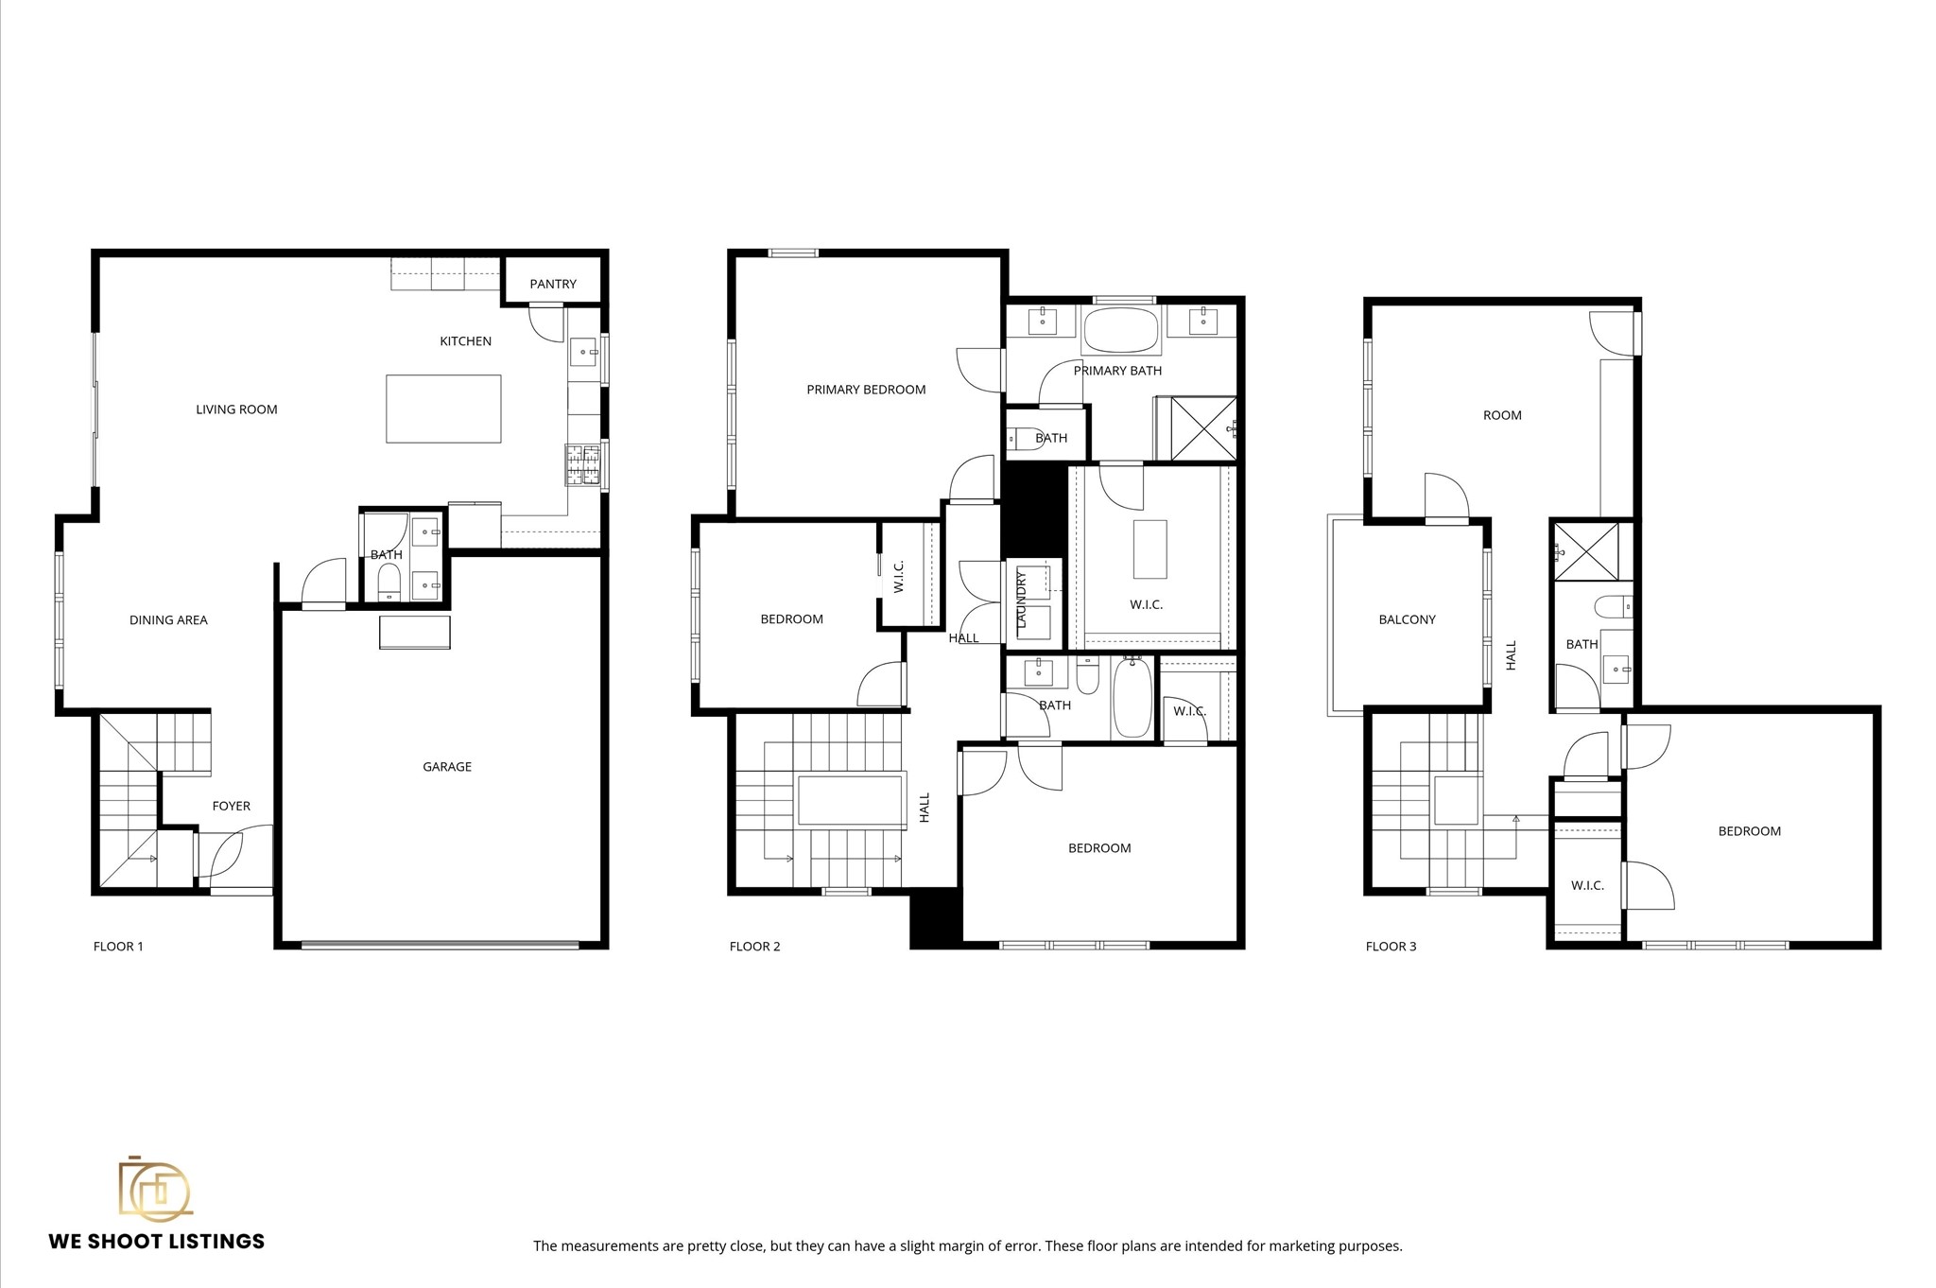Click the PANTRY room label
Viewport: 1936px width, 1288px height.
point(553,284)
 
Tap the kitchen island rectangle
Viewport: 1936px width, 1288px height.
point(443,409)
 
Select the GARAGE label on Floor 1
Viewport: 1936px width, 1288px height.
point(446,767)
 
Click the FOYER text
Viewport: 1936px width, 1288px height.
point(231,807)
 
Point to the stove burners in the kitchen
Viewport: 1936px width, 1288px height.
point(583,464)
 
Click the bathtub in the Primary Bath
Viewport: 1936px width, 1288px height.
point(1120,330)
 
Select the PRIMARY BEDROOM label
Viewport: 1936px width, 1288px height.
point(866,390)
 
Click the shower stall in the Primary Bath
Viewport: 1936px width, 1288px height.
point(1203,428)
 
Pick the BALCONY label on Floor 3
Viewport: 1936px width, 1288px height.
point(1407,620)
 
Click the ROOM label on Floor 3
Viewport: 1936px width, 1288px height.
point(1502,415)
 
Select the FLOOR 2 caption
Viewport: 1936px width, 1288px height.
point(754,947)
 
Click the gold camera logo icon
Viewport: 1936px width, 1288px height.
point(155,1189)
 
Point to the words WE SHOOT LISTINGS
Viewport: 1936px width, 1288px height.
point(157,1242)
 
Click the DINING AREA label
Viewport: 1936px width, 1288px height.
point(168,620)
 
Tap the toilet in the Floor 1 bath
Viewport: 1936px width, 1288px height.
point(389,581)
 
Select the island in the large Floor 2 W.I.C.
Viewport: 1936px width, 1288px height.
point(1149,548)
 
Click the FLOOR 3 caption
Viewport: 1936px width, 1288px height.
point(1391,947)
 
